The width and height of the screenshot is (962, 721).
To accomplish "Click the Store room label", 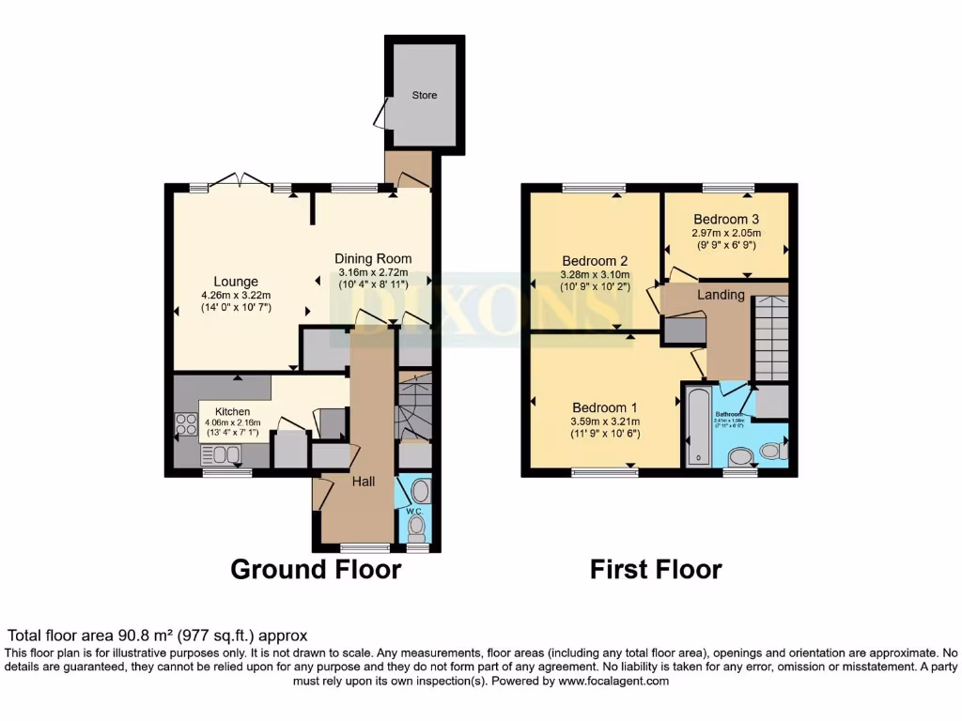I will coord(425,96).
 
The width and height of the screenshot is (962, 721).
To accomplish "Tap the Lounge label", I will coord(236,282).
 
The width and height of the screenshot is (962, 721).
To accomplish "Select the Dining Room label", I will coord(374,259).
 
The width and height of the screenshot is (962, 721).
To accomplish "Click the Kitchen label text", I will coord(232,412).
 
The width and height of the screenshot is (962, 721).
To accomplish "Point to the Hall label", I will coord(364,482).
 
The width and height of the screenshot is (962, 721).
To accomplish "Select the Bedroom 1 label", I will coord(605,407).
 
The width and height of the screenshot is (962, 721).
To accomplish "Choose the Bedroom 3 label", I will coord(726,220).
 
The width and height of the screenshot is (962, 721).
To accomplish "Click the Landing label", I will coord(721,295).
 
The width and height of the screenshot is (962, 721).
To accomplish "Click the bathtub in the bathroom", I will coord(696,427).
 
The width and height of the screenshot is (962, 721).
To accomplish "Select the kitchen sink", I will coord(221,455).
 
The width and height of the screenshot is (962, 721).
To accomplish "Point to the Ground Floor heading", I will coord(316,570).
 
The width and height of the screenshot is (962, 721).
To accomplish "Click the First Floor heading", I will coord(656,570).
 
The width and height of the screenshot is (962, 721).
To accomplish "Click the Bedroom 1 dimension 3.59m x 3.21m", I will coord(605,422).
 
